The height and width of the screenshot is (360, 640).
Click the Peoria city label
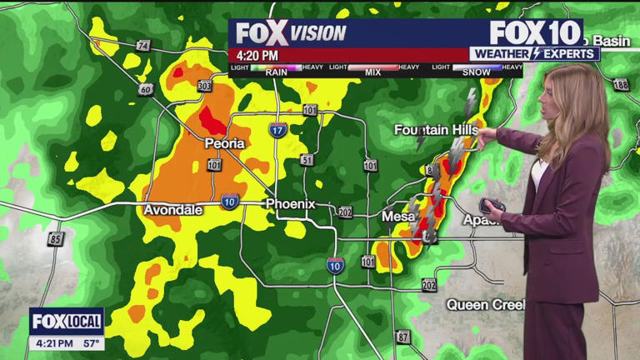click(x=225, y=143)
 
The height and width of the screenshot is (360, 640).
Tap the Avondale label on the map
click(x=173, y=210)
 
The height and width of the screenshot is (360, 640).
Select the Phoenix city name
click(x=290, y=204)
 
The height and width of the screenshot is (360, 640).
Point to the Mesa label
click(x=398, y=217)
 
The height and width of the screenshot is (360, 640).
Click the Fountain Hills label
click(x=436, y=130)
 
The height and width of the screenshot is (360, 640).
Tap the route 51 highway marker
click(x=307, y=160)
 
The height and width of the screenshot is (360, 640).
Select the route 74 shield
click(x=143, y=46)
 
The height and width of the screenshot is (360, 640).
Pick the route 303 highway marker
click(x=204, y=86)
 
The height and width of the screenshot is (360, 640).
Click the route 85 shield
click(x=56, y=239)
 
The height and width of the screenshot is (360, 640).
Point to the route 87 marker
click(x=403, y=337)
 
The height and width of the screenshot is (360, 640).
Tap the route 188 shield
click(x=619, y=85)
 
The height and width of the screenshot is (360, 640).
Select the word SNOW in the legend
click(x=477, y=72)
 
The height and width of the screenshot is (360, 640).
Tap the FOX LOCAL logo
click(x=67, y=322)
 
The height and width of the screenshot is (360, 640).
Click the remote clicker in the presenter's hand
click(x=490, y=205)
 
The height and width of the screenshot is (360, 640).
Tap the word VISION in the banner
click(x=318, y=33)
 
